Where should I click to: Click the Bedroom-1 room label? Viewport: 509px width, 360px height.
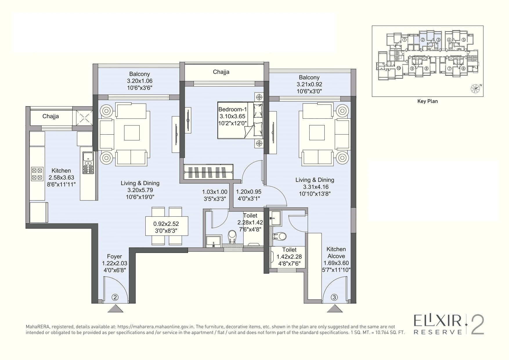tap(232, 110)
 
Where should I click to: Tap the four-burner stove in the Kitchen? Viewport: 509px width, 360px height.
tap(37, 173)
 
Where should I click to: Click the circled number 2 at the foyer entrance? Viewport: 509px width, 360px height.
tap(115, 297)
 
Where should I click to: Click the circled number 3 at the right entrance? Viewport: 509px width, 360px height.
tap(334, 297)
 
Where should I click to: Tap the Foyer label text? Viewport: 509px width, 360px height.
tap(114, 256)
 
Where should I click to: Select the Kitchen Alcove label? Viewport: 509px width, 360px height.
tap(336, 252)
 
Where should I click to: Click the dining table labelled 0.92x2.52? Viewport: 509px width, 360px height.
tap(166, 226)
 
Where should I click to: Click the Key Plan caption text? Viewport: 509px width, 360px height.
tap(427, 101)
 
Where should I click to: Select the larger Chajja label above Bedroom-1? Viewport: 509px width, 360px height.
tap(221, 72)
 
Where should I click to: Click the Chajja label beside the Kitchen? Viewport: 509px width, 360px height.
tap(50, 116)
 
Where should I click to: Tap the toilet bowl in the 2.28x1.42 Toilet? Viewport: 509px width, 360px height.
tap(232, 236)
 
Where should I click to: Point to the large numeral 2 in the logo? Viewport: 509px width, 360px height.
tap(477, 324)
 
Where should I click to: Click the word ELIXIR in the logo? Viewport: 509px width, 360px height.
tap(438, 321)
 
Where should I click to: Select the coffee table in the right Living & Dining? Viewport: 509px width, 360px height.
tap(317, 133)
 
